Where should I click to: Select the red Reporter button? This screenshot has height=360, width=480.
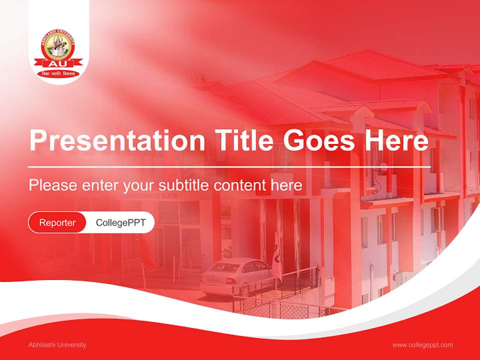click(x=57, y=222)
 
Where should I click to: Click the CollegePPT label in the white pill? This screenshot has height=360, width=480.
click(x=120, y=222)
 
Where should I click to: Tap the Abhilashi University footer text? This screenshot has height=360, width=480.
click(x=57, y=345)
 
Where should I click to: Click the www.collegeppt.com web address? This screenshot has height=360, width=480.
click(x=422, y=345)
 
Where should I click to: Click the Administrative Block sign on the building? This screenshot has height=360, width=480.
click(x=150, y=196)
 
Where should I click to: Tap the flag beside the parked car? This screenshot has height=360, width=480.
click(x=276, y=255)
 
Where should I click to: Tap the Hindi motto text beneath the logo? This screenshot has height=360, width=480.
click(x=58, y=74)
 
